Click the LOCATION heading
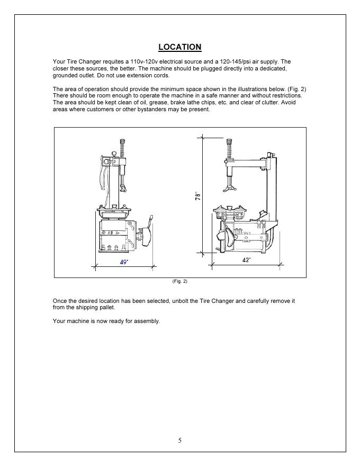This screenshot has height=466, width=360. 179,47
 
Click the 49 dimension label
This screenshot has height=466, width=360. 124,262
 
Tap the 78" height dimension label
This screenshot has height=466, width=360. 198,195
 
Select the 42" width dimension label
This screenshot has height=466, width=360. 247,260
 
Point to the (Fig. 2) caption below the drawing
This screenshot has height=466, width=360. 179,281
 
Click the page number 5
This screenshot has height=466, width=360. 179,441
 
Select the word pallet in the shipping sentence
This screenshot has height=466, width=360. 106,308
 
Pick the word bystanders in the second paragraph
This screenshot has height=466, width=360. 152,110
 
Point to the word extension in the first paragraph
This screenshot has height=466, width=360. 139,76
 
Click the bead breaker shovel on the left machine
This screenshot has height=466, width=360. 145,236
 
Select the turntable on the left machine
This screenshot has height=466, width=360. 114,212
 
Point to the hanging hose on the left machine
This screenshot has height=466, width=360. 103,175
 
